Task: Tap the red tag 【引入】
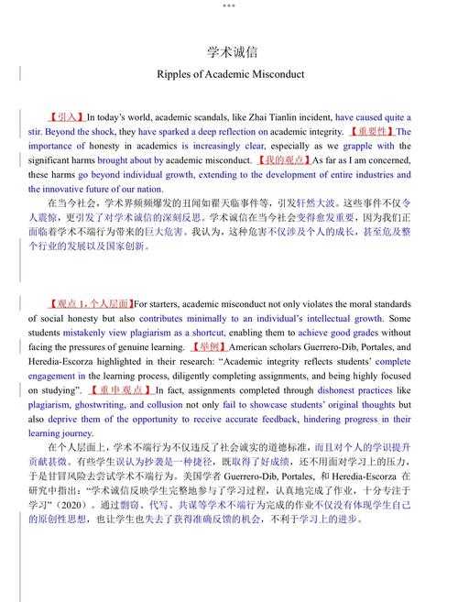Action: [66, 117]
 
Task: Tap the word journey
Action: [74, 432]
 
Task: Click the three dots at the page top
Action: [228, 5]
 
